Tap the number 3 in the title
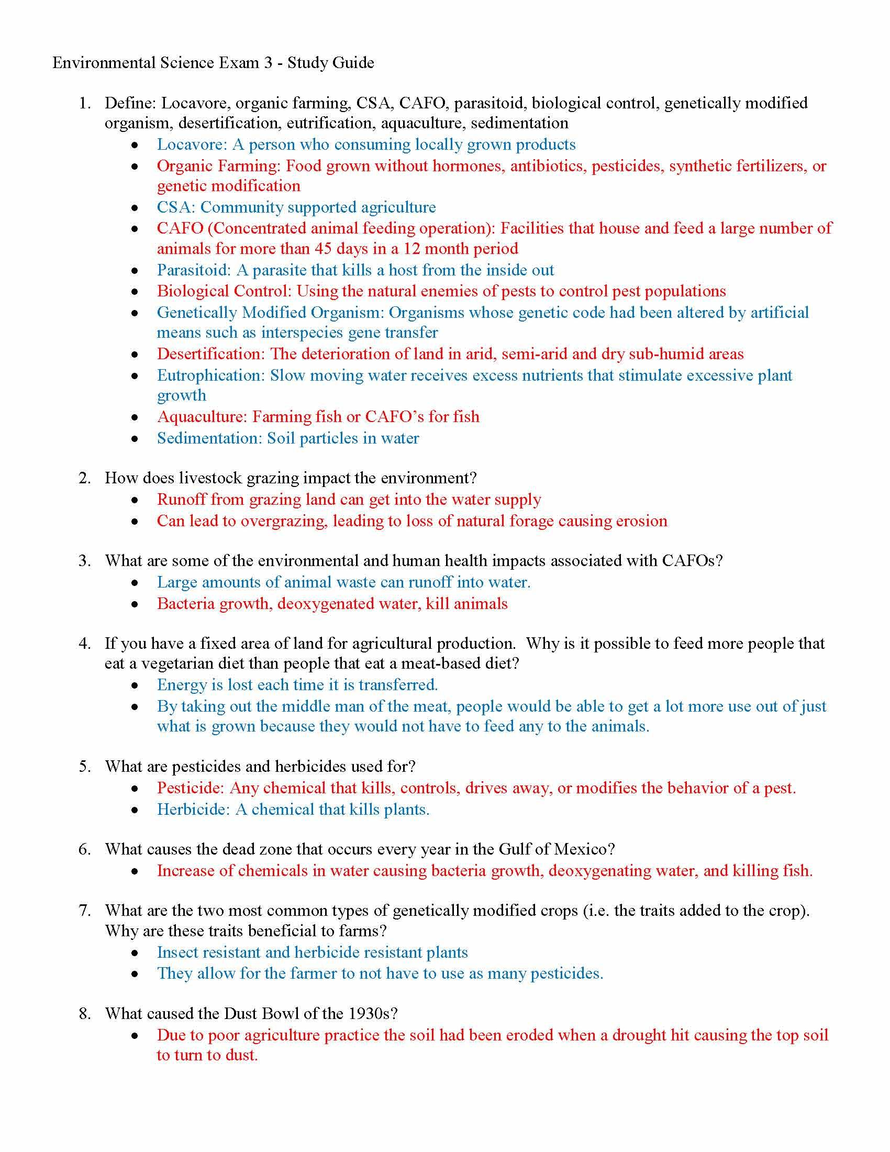click(x=269, y=63)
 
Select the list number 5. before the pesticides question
click(x=85, y=767)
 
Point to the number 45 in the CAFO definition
click(x=326, y=248)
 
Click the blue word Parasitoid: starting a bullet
click(x=194, y=270)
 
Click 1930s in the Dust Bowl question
click(x=372, y=1014)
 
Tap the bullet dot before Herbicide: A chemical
click(x=136, y=810)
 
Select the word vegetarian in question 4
click(x=173, y=663)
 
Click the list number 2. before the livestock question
click(x=85, y=478)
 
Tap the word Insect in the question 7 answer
click(x=177, y=952)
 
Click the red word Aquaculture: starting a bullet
click(x=202, y=417)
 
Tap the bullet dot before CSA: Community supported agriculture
click(x=136, y=207)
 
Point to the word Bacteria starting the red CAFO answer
click(x=186, y=604)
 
